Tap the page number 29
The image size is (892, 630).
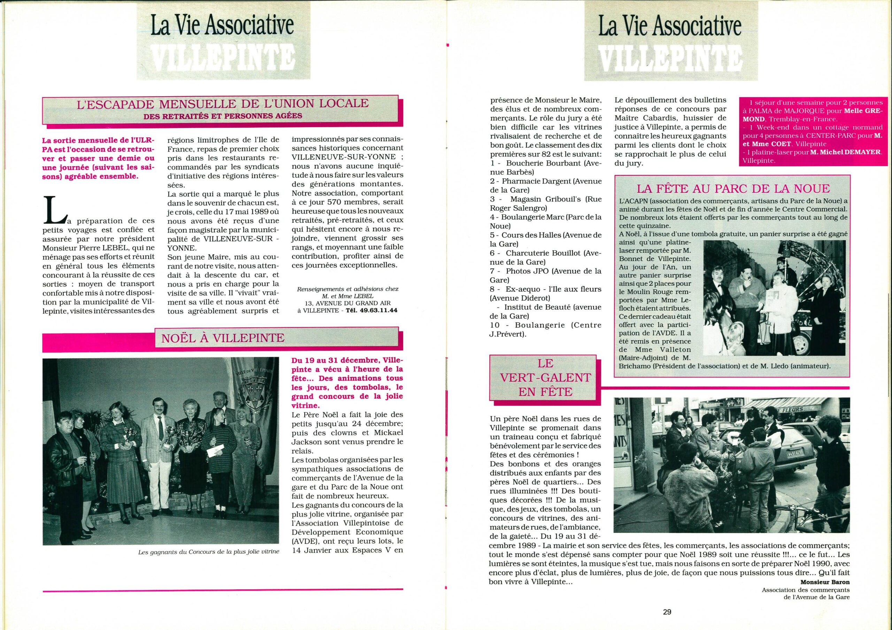coord(667,612)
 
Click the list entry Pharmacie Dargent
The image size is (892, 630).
coord(534,181)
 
